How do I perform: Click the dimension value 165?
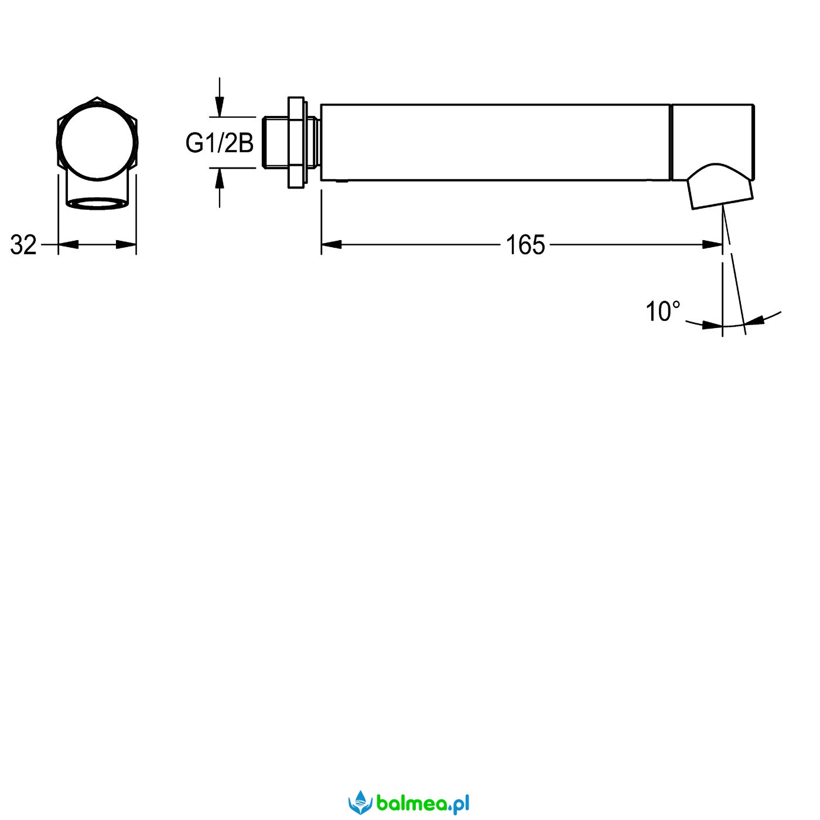click(525, 245)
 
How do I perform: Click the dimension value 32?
click(23, 245)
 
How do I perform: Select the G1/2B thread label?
click(220, 142)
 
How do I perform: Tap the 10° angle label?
click(663, 312)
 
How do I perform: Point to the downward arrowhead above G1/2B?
click(220, 107)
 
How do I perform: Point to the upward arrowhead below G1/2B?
click(220, 178)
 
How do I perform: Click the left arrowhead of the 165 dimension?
click(332, 245)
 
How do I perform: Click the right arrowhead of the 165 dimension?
click(712, 245)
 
